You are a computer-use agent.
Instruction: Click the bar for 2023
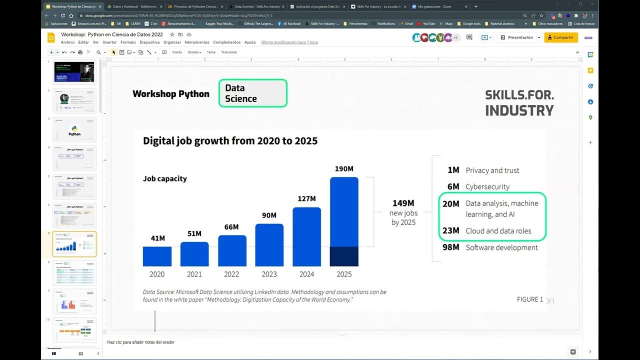click(269, 245)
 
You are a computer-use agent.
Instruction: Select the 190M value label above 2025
click(344, 169)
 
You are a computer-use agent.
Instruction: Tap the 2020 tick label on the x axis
click(157, 274)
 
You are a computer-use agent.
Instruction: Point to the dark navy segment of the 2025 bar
click(344, 256)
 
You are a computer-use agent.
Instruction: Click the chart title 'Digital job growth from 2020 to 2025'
click(230, 141)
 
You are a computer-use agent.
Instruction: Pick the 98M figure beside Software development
click(450, 247)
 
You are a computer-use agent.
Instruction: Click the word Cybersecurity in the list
click(487, 186)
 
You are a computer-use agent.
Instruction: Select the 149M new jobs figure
click(403, 203)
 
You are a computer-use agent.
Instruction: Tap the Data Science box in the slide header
click(253, 93)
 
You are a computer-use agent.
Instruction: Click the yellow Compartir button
click(560, 37)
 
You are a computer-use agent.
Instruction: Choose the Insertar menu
click(109, 42)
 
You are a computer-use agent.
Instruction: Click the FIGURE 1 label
click(530, 299)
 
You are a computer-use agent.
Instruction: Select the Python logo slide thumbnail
click(74, 130)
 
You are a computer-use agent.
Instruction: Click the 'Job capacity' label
click(165, 178)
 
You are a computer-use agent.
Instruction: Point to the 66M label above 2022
click(231, 227)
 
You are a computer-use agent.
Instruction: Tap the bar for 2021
click(194, 254)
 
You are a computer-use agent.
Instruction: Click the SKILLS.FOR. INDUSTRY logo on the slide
click(519, 103)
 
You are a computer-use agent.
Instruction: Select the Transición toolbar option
click(229, 52)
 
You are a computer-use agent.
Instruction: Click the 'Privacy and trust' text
click(492, 170)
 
